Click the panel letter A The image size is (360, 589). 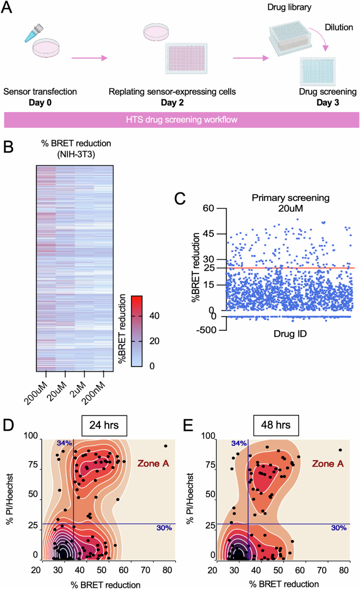click(x=8, y=9)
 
